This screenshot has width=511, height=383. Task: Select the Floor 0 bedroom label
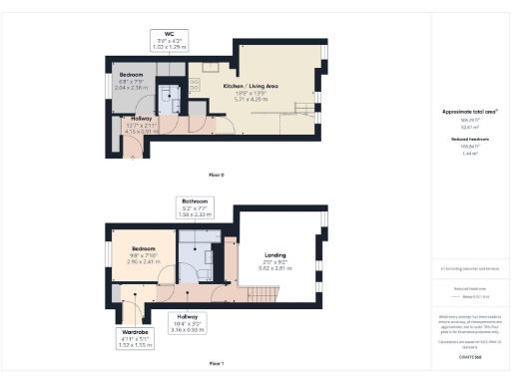[132, 76]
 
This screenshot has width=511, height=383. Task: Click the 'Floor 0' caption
[216, 175]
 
